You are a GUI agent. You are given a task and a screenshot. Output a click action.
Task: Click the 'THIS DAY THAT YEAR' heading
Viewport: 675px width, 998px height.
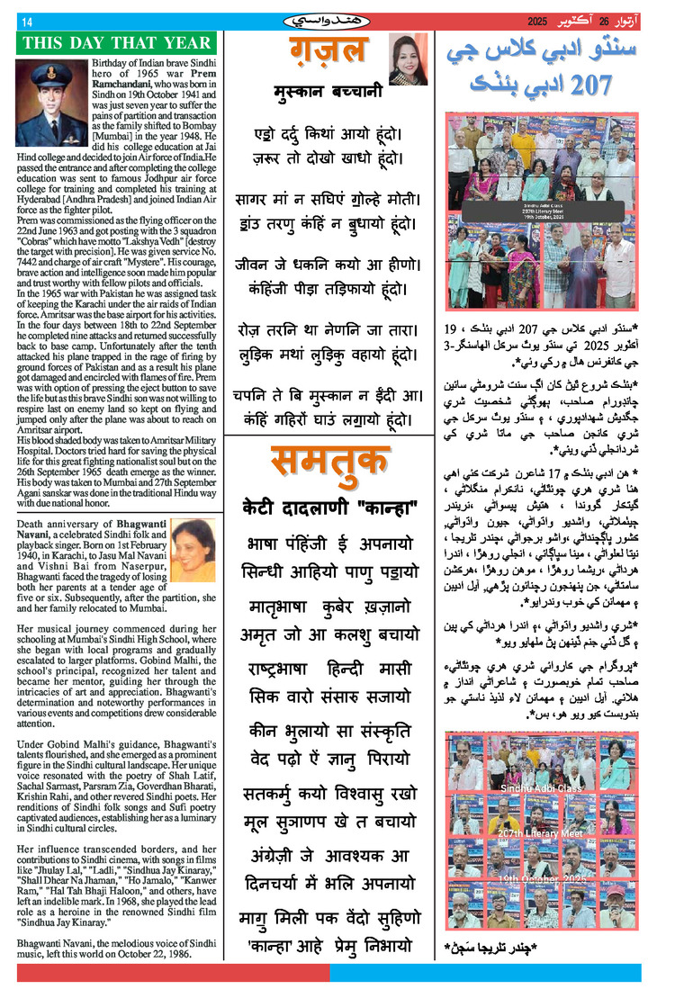pos(118,42)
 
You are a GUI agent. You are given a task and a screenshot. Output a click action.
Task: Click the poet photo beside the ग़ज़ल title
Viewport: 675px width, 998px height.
pos(408,59)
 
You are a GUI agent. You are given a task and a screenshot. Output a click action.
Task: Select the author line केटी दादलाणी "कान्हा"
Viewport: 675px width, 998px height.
pos(329,508)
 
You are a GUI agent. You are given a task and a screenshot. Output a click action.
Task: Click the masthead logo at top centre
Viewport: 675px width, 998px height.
pos(329,20)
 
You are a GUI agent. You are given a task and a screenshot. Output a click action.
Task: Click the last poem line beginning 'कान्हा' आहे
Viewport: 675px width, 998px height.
pos(329,946)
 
